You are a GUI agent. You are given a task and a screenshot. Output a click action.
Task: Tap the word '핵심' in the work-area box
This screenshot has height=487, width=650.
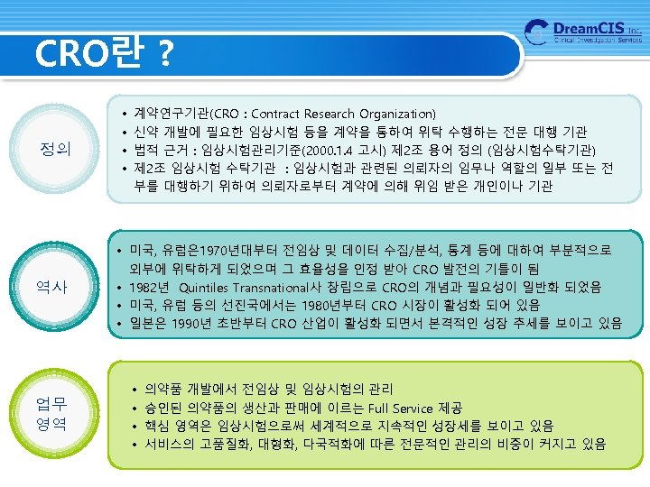click(x=157, y=426)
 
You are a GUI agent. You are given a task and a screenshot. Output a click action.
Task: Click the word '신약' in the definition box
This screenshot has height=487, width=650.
click(x=146, y=132)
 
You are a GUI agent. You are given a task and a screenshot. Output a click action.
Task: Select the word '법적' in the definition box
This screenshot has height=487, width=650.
click(x=146, y=150)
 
